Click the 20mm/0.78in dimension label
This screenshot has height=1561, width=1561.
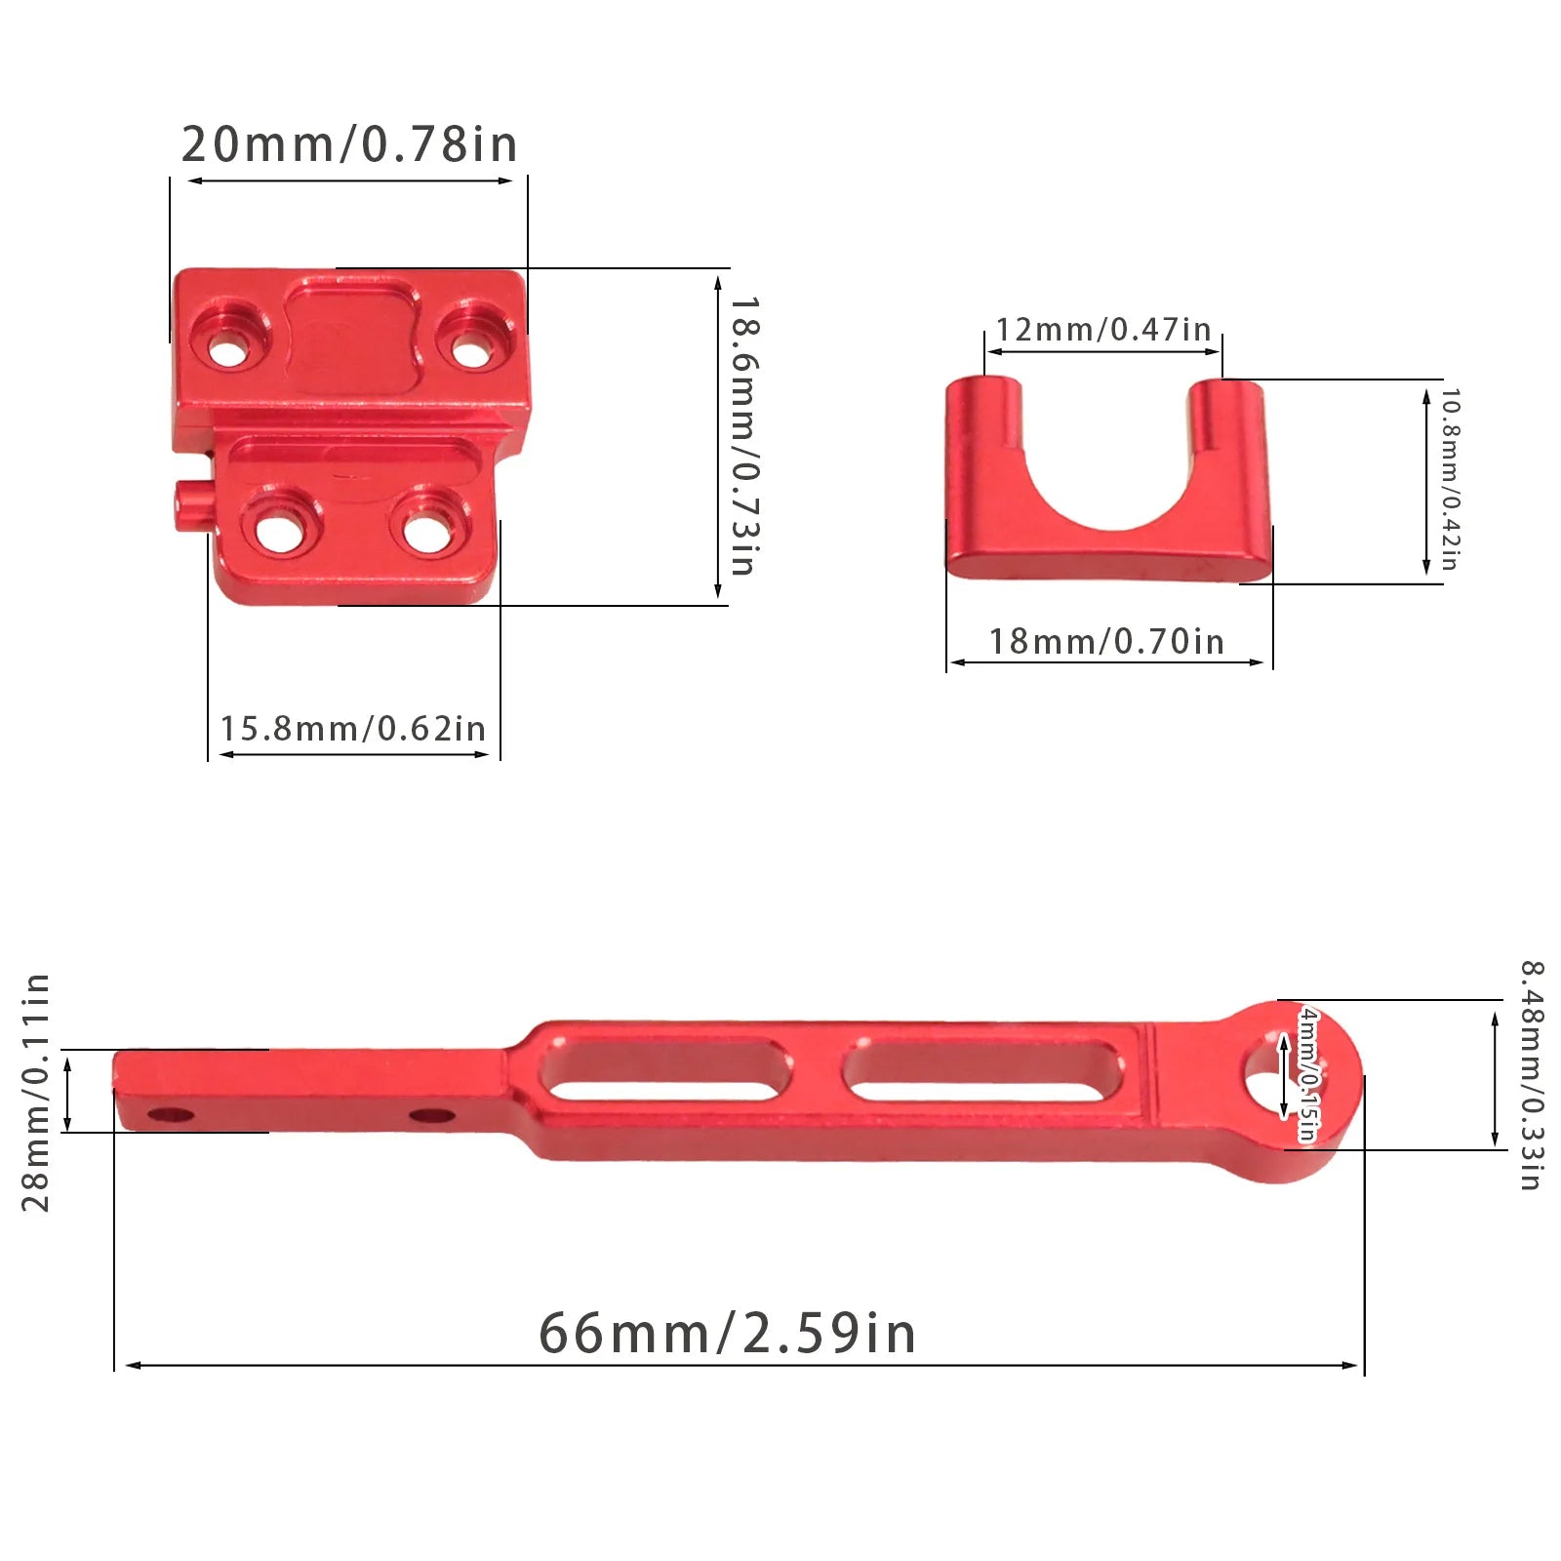point(349,144)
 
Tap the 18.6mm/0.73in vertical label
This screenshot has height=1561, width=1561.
point(745,436)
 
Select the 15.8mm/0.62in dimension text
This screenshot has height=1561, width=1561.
point(352,729)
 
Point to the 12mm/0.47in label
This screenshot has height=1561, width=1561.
point(1102,330)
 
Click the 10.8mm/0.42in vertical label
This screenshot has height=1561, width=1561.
point(1451,480)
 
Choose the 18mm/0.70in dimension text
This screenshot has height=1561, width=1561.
point(1106,642)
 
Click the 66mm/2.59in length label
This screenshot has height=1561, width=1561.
point(727,1333)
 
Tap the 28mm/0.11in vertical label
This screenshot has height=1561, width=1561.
point(35,1092)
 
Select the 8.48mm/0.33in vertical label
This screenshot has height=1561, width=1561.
point(1531,1075)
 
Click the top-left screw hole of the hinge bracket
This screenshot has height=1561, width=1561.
point(228,349)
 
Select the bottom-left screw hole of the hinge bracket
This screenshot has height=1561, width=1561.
point(281,533)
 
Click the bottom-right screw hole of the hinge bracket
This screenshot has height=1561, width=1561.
point(425,533)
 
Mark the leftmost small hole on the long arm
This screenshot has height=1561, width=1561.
point(171,1114)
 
